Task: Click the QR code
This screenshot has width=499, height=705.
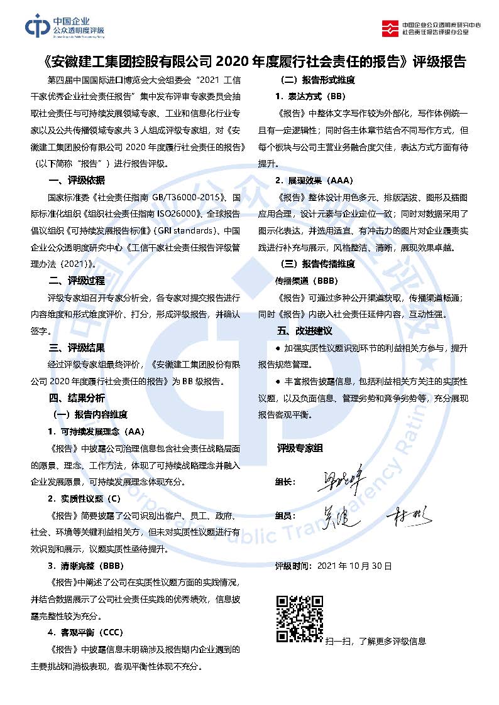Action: click(x=300, y=618)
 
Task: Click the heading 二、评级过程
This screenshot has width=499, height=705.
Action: click(x=77, y=280)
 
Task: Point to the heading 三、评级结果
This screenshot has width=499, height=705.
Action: click(x=77, y=347)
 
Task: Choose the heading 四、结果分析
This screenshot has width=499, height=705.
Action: click(x=77, y=398)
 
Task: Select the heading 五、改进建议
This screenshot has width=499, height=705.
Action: click(x=304, y=330)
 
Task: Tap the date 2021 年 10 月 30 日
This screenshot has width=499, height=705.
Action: click(x=354, y=566)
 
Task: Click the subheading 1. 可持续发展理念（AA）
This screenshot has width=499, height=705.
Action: click(x=96, y=431)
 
